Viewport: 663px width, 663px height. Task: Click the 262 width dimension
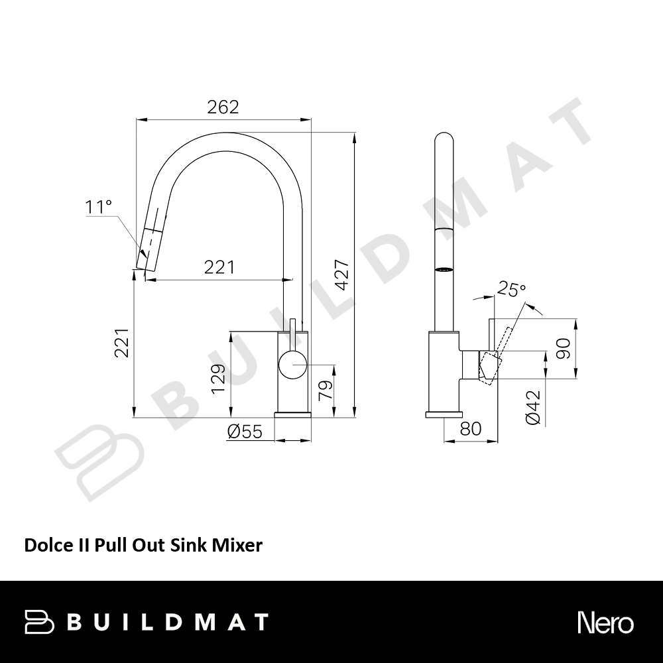[223, 107]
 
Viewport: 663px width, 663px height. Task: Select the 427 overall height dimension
[342, 274]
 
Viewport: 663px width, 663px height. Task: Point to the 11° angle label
[98, 208]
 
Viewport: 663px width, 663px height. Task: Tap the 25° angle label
[512, 290]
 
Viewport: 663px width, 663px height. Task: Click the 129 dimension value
[219, 379]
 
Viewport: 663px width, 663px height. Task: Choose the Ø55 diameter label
[245, 432]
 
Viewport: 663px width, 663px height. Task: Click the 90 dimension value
[564, 347]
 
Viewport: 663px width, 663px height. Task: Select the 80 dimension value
[470, 429]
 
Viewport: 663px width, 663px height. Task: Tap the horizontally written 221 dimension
[219, 267]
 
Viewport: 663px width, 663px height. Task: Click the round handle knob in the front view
[292, 365]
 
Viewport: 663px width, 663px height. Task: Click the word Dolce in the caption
[45, 546]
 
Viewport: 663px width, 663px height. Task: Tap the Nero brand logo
[605, 623]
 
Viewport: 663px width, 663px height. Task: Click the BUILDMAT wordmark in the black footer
[168, 622]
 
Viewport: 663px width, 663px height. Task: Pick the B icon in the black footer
[39, 622]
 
